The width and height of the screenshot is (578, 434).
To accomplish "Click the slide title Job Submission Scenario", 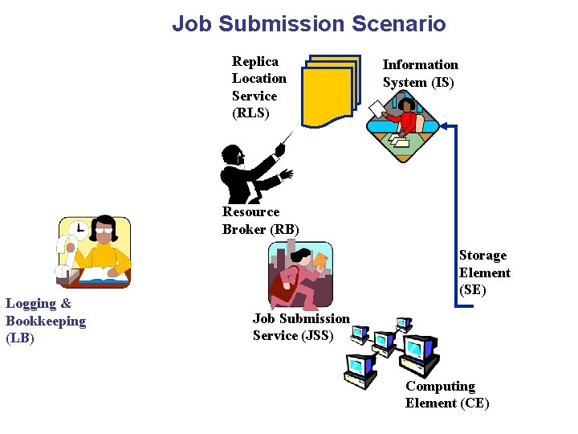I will pyautogui.click(x=308, y=24).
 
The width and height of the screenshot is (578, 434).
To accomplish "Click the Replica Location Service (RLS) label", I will pyautogui.click(x=258, y=87).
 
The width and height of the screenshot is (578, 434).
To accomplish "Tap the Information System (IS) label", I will pyautogui.click(x=420, y=73).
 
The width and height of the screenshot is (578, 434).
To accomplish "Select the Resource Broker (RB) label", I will pyautogui.click(x=260, y=220).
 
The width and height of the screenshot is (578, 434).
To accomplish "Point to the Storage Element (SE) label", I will pyautogui.click(x=484, y=272).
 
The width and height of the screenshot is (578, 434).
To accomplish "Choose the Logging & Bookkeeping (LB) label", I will pyautogui.click(x=45, y=321).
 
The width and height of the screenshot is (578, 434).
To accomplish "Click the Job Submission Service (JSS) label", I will pyautogui.click(x=301, y=327).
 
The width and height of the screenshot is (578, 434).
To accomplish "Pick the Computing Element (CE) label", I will pyautogui.click(x=446, y=395).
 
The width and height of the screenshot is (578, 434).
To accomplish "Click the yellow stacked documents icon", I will pyautogui.click(x=330, y=91).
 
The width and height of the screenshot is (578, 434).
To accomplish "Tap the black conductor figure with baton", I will pyautogui.click(x=245, y=173).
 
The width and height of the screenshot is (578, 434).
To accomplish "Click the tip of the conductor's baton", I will pyautogui.click(x=291, y=133).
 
